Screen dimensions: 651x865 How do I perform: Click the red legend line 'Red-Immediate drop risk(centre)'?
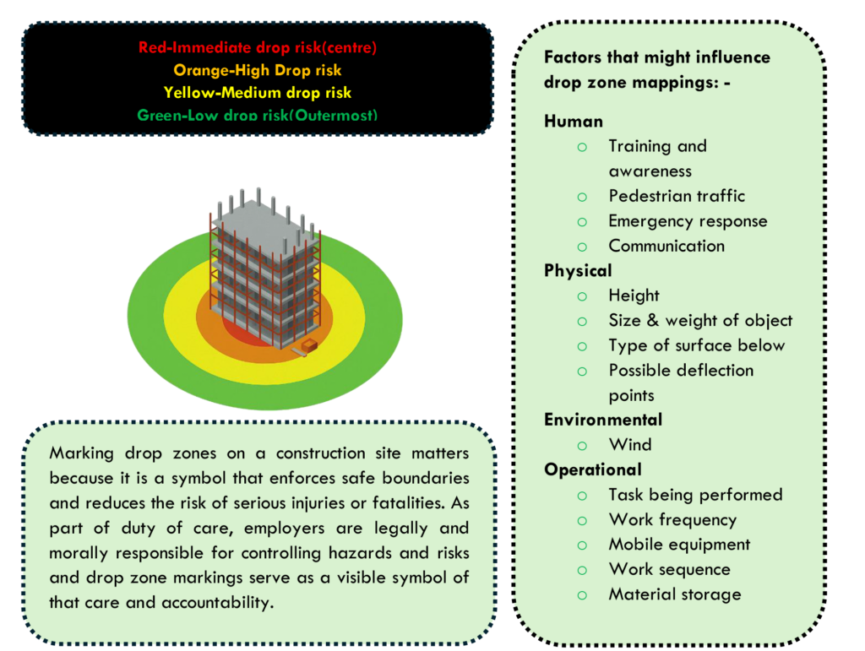coord(258,48)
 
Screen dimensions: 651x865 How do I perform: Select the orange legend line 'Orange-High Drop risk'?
coord(258,71)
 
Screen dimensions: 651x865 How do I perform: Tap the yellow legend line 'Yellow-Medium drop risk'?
coord(258,93)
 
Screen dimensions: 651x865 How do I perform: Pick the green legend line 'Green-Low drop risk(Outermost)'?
coord(258,115)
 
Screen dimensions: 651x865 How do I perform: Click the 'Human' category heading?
coord(574,122)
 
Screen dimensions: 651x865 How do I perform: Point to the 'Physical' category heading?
coord(578,271)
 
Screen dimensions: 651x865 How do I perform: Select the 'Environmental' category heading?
coord(603,420)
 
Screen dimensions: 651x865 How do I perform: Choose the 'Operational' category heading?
coord(593,469)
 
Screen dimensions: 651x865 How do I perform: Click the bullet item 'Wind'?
coord(630,445)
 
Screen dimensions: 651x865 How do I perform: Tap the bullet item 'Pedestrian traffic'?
coord(677,196)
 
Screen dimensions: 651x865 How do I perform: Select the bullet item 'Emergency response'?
coord(688,221)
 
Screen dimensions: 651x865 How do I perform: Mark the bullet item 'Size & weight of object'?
coord(700,321)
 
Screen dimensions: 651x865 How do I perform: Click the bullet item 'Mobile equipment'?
coord(679,545)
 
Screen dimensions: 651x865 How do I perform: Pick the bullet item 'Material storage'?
coord(675,594)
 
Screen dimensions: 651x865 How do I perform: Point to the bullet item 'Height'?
coord(634,296)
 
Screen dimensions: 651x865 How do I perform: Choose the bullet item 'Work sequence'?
coord(669,569)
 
